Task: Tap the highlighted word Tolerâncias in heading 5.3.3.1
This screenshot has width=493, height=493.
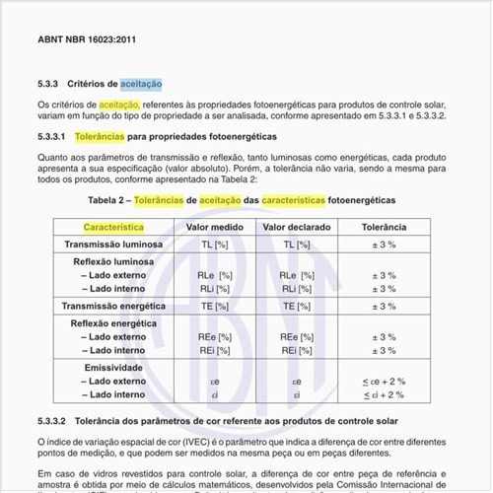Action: tap(122, 136)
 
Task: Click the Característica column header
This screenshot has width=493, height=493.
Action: tap(113, 228)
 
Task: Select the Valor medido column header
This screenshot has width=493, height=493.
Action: tap(216, 228)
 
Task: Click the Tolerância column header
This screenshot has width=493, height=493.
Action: tap(383, 228)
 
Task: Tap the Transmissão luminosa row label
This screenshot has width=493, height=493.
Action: tap(113, 245)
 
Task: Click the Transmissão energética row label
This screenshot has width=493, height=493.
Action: tap(113, 307)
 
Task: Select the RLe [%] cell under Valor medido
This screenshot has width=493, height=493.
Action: tap(216, 275)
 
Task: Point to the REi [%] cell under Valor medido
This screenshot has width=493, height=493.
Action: tap(216, 349)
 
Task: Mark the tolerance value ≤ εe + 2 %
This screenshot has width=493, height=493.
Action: tap(383, 381)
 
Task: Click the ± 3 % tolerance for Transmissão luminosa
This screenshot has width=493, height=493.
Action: tap(383, 245)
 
